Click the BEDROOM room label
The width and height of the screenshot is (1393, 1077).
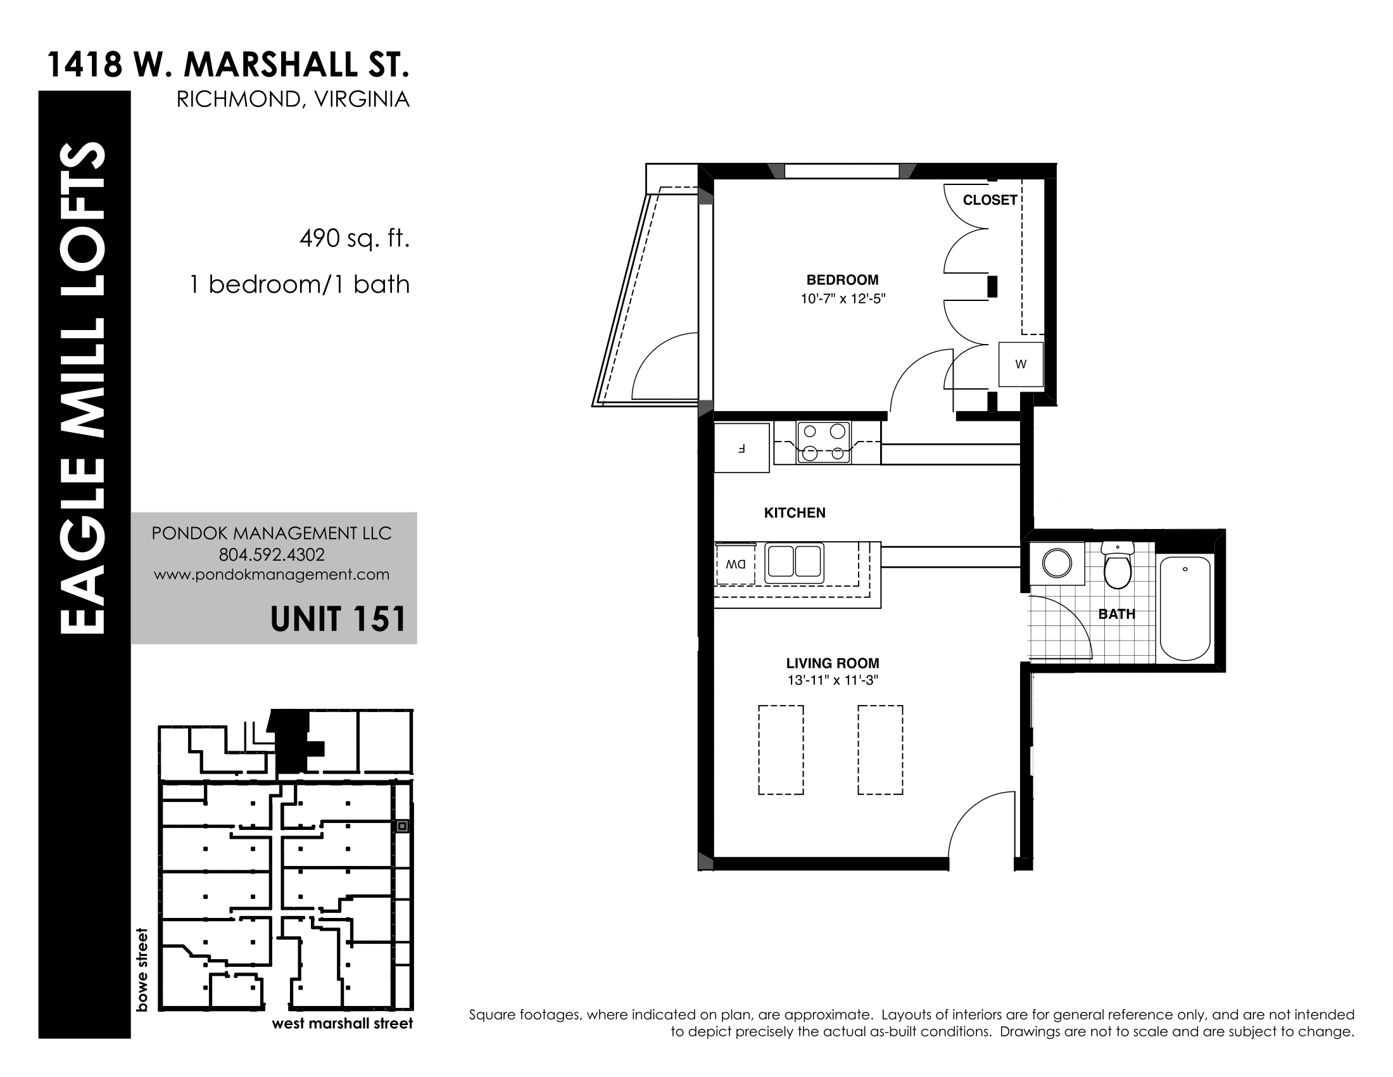tap(843, 279)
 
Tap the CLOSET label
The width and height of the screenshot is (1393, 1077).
tap(990, 200)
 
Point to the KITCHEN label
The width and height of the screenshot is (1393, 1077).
tap(795, 513)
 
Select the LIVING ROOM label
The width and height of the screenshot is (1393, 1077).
tap(833, 663)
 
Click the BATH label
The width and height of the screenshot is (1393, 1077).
tap(1117, 614)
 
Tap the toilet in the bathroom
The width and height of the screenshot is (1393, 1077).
tap(1118, 564)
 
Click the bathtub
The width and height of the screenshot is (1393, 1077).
tap(1185, 609)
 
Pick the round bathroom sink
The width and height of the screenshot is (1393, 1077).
tap(1057, 563)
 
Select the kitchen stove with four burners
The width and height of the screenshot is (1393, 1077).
tap(823, 442)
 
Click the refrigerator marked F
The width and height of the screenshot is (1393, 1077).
tap(741, 448)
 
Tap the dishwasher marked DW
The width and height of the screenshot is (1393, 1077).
tap(735, 564)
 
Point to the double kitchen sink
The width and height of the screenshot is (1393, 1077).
tap(794, 562)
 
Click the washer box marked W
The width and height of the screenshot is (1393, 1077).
tap(1021, 364)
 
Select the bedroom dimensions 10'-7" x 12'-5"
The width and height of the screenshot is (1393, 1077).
tap(843, 298)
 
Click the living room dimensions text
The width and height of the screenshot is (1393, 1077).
tap(833, 681)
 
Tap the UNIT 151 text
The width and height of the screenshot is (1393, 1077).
tap(338, 619)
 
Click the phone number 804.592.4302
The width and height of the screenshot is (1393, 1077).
tap(272, 554)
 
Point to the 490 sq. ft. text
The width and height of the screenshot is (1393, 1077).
tap(354, 239)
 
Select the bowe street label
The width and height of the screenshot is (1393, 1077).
tap(142, 969)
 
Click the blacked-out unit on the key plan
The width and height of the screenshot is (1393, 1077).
tap(294, 740)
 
